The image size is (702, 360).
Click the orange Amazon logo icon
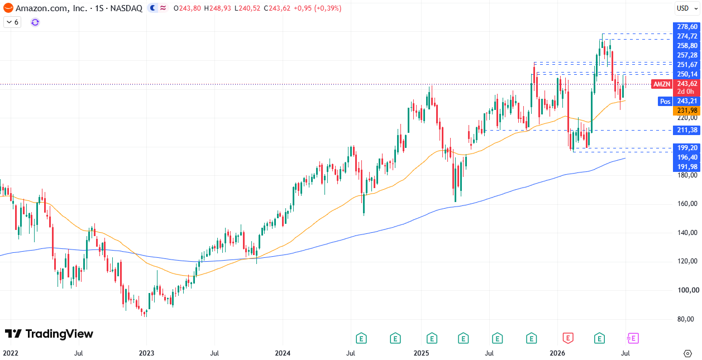[8, 8]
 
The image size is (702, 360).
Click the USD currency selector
[687, 8]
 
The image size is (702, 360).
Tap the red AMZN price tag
[661, 84]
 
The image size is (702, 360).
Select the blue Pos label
[665, 101]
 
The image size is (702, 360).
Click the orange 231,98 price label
[687, 111]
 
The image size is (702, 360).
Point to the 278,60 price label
[687, 27]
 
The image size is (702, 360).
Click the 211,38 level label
[687, 130]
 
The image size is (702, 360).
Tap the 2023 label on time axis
[146, 353]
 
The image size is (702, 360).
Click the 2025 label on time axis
[421, 353]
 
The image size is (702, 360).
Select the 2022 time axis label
[11, 353]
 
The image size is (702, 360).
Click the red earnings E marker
[568, 338]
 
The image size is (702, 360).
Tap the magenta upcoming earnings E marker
[633, 338]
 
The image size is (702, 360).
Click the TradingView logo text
[59, 334]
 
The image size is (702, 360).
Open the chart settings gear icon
[687, 353]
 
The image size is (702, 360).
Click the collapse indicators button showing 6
[12, 22]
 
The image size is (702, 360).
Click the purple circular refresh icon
[35, 22]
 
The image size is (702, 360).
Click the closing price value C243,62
[277, 8]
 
